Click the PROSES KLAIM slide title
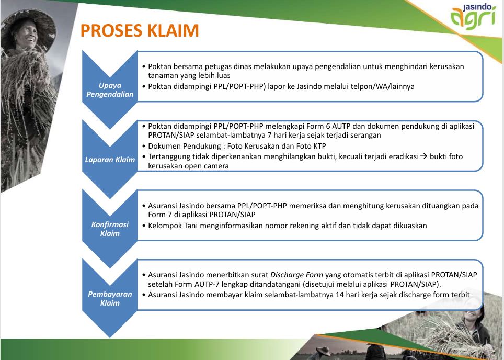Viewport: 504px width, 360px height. coord(140,30)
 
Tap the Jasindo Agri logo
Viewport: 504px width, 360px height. coord(473,16)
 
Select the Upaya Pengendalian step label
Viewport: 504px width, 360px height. coord(110,90)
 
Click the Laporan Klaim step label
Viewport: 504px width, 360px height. coord(110,160)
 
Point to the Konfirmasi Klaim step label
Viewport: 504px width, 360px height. coord(110,229)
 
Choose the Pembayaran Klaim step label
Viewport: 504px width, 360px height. coord(110,298)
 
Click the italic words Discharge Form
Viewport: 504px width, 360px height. coord(296,275)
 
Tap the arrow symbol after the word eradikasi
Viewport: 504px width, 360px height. coord(424,156)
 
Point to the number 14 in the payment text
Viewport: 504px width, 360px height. coord(340,295)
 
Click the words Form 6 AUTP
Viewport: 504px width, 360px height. coord(331,126)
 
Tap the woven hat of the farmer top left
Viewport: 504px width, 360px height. coord(28,26)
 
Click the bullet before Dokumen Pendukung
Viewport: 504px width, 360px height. coord(144,147)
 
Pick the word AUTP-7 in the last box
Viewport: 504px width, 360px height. coord(207,285)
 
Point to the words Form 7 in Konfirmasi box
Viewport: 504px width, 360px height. coord(160,215)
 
